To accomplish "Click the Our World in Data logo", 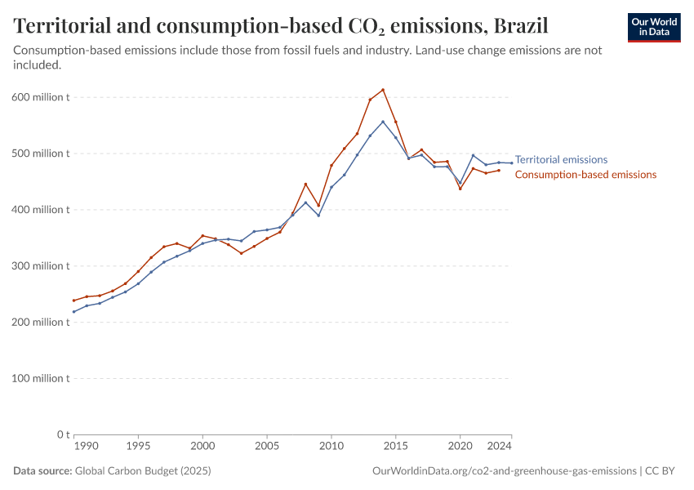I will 653,27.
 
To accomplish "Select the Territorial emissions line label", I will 561,160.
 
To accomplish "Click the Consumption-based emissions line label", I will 585,175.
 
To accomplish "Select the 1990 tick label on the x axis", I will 87,447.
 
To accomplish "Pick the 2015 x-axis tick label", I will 396,447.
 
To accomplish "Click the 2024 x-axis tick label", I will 500,447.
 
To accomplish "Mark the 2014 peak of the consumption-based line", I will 383,90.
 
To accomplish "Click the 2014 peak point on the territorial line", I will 383,122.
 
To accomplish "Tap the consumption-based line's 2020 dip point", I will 460,189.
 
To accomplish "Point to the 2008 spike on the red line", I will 305,184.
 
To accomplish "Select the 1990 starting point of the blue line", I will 73,311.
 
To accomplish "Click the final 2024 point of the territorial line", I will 512,163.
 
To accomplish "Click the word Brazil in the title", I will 520,26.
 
